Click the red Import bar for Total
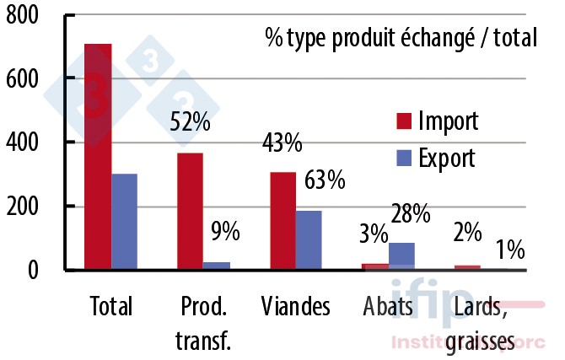98,157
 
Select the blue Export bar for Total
124,222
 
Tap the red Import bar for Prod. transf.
190,211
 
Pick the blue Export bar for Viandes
309,240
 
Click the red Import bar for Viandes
282,221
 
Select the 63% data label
325,180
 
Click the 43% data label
281,143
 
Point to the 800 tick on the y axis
23,16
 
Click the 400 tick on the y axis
23,142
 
